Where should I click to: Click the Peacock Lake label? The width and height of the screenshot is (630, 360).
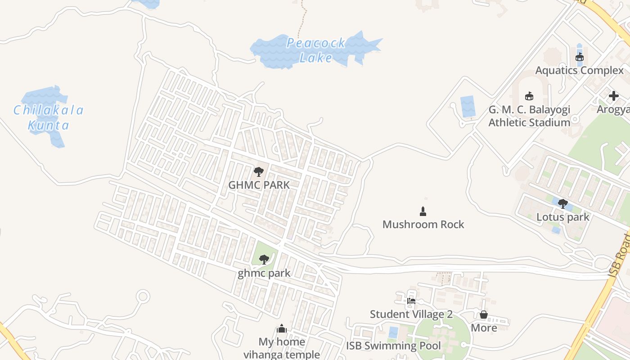tap(316, 50)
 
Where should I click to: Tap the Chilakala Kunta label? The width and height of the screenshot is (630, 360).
tap(49, 117)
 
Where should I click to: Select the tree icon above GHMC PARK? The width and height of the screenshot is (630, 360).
tap(258, 171)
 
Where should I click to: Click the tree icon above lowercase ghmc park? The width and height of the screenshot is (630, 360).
tap(264, 259)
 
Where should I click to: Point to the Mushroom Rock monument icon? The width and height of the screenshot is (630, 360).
tap(423, 211)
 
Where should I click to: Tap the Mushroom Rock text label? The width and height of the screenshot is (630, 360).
tap(423, 224)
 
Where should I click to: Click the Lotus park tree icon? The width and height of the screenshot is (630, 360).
tap(562, 204)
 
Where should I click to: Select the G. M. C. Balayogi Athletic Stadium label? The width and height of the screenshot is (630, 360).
tap(529, 116)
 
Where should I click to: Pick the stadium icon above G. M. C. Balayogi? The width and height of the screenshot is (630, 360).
tap(529, 96)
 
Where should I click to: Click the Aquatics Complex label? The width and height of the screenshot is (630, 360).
tap(579, 70)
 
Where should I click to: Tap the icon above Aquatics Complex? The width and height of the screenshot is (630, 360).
tap(580, 57)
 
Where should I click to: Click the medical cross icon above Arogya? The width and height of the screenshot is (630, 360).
tap(614, 96)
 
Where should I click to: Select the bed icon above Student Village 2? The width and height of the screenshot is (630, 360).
tap(411, 301)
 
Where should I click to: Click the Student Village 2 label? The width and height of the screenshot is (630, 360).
tap(411, 314)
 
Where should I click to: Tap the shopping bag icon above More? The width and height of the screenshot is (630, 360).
tap(484, 315)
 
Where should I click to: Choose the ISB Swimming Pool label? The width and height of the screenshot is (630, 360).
tap(393, 346)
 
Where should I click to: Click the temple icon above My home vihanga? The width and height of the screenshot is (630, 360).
tap(282, 328)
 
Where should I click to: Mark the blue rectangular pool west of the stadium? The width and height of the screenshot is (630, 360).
tap(468, 107)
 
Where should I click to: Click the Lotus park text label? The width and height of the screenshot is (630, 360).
tap(562, 217)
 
